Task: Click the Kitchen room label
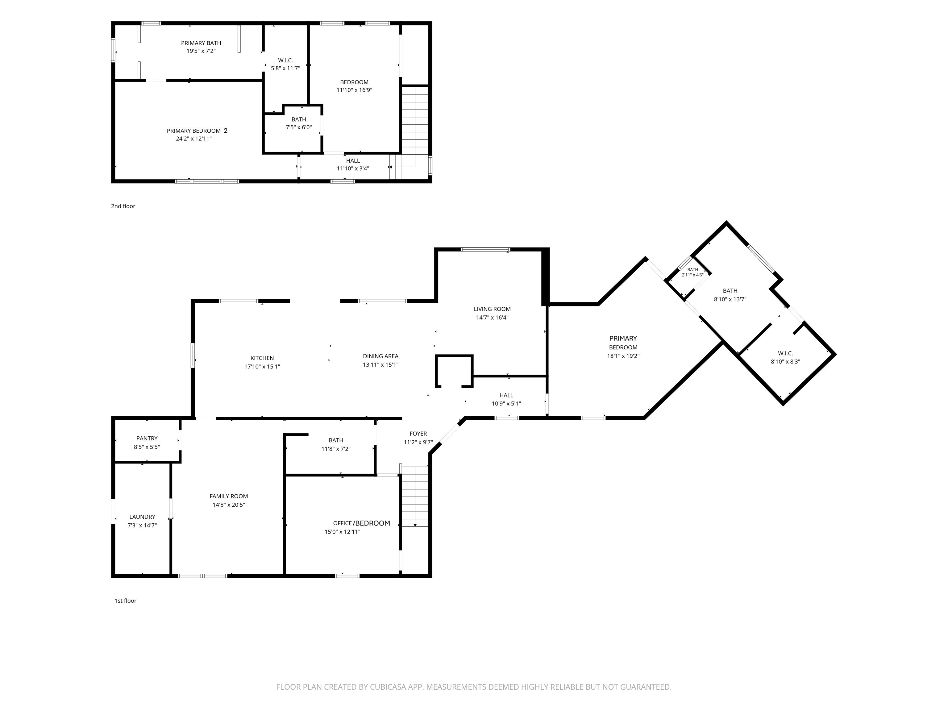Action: point(262,358)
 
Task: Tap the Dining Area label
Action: point(380,356)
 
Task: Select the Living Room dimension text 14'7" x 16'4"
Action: point(492,318)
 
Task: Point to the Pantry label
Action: point(147,439)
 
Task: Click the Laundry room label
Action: point(142,517)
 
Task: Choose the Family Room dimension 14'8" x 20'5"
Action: point(229,505)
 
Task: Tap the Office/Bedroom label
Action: point(362,523)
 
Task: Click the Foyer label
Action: point(418,434)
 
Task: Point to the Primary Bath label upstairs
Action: point(201,43)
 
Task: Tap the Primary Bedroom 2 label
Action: point(197,131)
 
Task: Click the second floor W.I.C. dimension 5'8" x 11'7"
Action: point(285,68)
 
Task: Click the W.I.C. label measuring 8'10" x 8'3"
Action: point(786,354)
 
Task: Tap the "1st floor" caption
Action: point(126,601)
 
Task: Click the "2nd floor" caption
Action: point(123,206)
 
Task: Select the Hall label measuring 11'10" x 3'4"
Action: point(353,161)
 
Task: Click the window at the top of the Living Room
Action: point(485,249)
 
